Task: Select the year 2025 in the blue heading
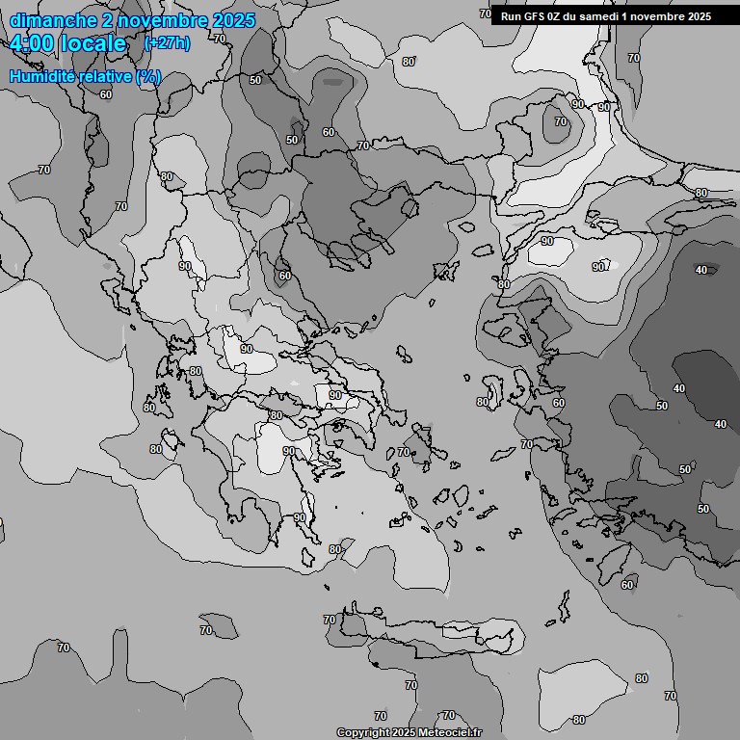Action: point(234,20)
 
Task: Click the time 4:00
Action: point(33,43)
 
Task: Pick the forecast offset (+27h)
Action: point(167,43)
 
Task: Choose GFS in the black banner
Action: point(536,16)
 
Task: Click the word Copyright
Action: point(363,733)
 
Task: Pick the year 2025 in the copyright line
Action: point(409,733)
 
